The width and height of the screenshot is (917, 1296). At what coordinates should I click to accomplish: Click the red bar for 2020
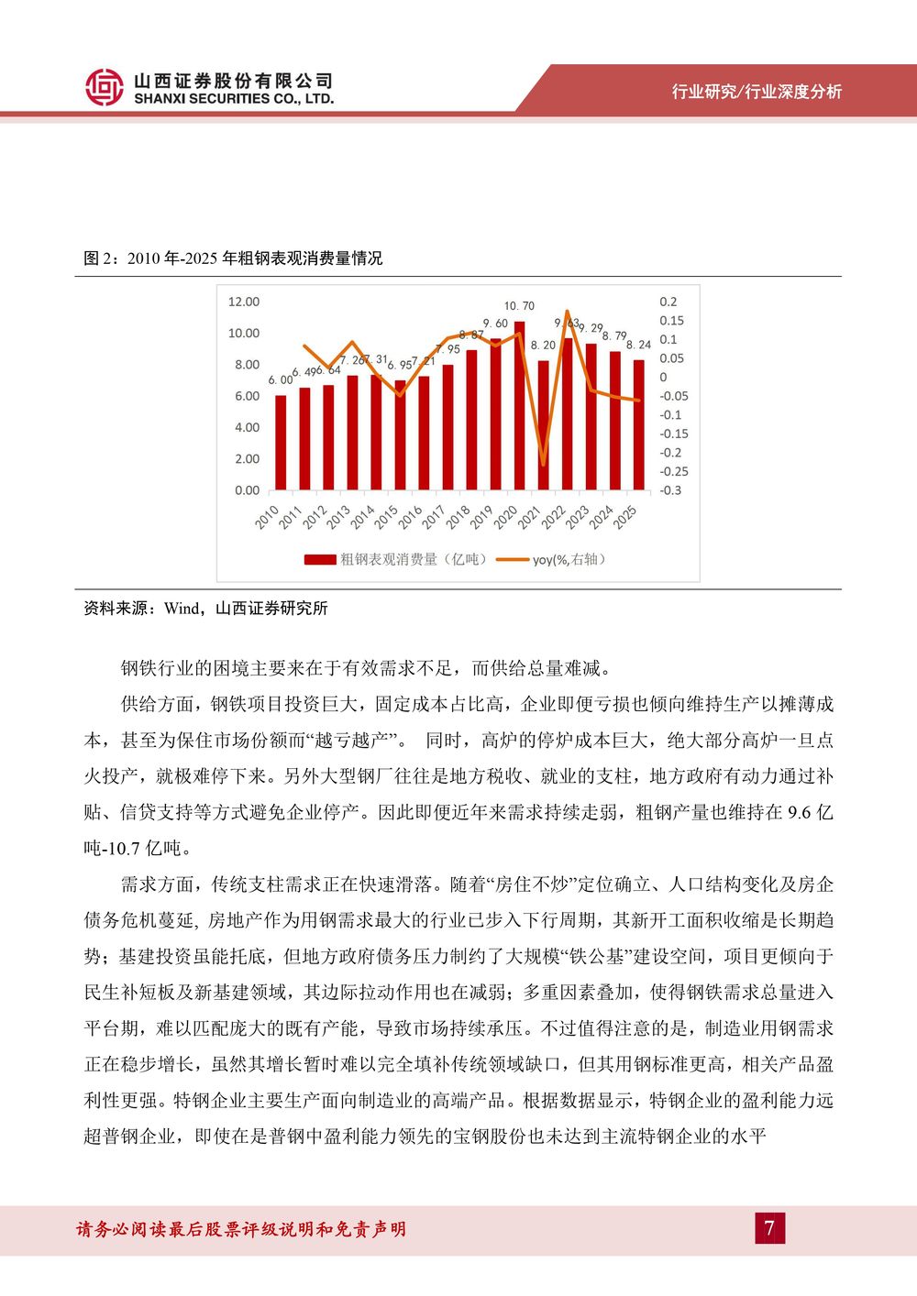click(x=519, y=406)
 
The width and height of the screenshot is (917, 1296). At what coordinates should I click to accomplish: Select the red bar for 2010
click(x=281, y=443)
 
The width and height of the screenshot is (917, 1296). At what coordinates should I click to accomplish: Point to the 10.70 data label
click(x=519, y=306)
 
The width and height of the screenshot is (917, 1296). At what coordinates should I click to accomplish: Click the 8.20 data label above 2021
click(x=543, y=346)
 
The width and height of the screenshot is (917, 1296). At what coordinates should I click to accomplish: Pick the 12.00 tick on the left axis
click(x=244, y=302)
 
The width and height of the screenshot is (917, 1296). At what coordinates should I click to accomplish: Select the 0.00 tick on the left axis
click(x=247, y=490)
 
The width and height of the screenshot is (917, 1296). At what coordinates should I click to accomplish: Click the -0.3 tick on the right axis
click(x=671, y=490)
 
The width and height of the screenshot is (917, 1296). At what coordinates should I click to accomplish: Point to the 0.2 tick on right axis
click(x=668, y=302)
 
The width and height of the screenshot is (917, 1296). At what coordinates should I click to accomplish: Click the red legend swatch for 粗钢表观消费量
click(x=320, y=560)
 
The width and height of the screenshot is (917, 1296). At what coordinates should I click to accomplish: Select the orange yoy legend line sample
click(x=512, y=560)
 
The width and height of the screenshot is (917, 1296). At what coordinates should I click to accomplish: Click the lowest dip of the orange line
click(x=544, y=465)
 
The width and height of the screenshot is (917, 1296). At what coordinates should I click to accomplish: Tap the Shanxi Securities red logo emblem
click(x=104, y=88)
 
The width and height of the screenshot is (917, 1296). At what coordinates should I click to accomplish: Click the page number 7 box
click(x=770, y=1228)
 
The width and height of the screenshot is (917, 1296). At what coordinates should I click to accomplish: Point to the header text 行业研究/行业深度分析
click(x=757, y=91)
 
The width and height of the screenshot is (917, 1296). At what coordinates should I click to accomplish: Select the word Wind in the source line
click(x=181, y=608)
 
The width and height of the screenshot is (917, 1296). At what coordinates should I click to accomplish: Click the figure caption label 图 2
click(x=99, y=258)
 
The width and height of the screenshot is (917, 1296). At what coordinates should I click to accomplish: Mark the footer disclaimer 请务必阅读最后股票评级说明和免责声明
click(x=241, y=1229)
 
